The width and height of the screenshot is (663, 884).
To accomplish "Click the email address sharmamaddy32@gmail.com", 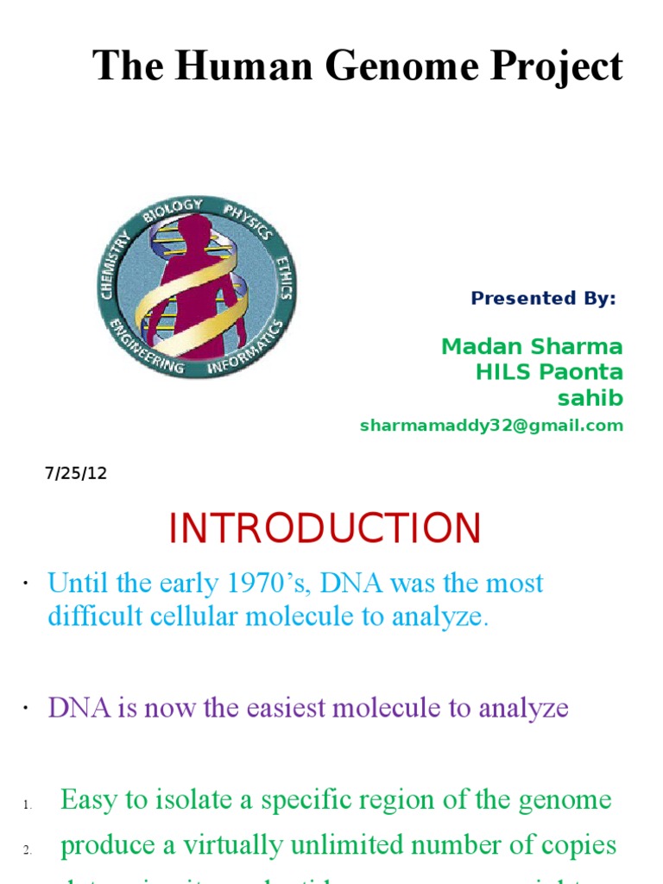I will click(490, 426).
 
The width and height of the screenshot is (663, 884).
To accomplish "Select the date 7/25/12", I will click(76, 474).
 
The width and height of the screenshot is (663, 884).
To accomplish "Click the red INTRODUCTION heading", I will click(325, 528).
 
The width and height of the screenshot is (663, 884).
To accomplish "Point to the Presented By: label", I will click(543, 299).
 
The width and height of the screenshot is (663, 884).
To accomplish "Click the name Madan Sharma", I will click(532, 347).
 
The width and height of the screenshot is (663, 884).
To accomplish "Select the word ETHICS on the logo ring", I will click(284, 276).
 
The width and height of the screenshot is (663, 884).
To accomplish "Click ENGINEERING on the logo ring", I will click(146, 350).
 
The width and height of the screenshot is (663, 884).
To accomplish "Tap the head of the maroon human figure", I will click(195, 230).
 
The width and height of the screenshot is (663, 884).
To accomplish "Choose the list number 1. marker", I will click(28, 805).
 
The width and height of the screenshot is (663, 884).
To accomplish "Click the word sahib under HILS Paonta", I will click(590, 399).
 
